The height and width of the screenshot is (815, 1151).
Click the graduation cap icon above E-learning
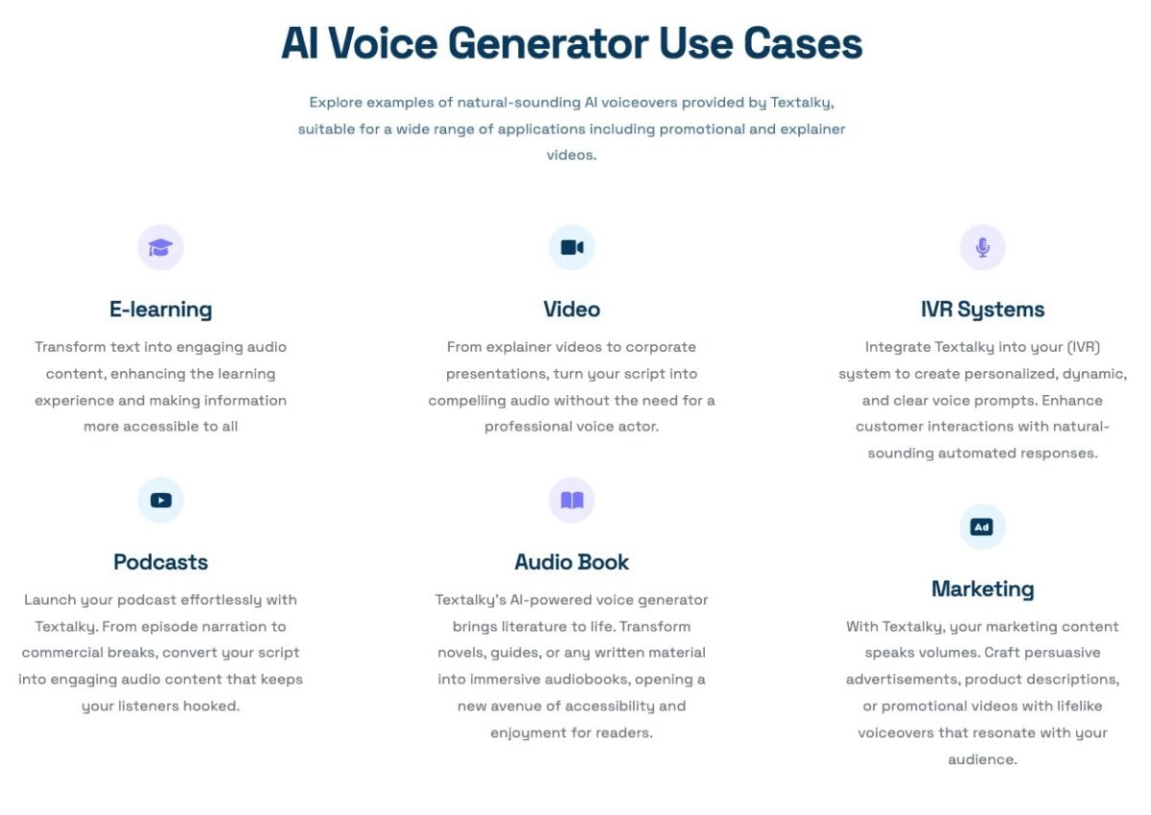[160, 248]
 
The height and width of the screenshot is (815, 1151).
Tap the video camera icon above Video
[572, 248]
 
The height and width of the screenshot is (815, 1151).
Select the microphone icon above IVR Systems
[982, 248]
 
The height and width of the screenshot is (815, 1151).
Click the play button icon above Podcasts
[160, 501]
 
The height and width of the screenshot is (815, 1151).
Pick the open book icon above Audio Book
[572, 501]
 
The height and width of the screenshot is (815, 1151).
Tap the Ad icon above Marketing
[982, 527]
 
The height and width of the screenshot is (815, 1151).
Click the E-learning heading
[160, 310]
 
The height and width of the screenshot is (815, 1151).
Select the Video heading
[572, 310]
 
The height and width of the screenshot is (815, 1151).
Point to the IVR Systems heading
[982, 310]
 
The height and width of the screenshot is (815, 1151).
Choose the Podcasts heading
[160, 562]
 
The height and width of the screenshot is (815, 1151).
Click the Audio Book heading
[572, 562]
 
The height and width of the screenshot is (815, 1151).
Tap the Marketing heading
[982, 589]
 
